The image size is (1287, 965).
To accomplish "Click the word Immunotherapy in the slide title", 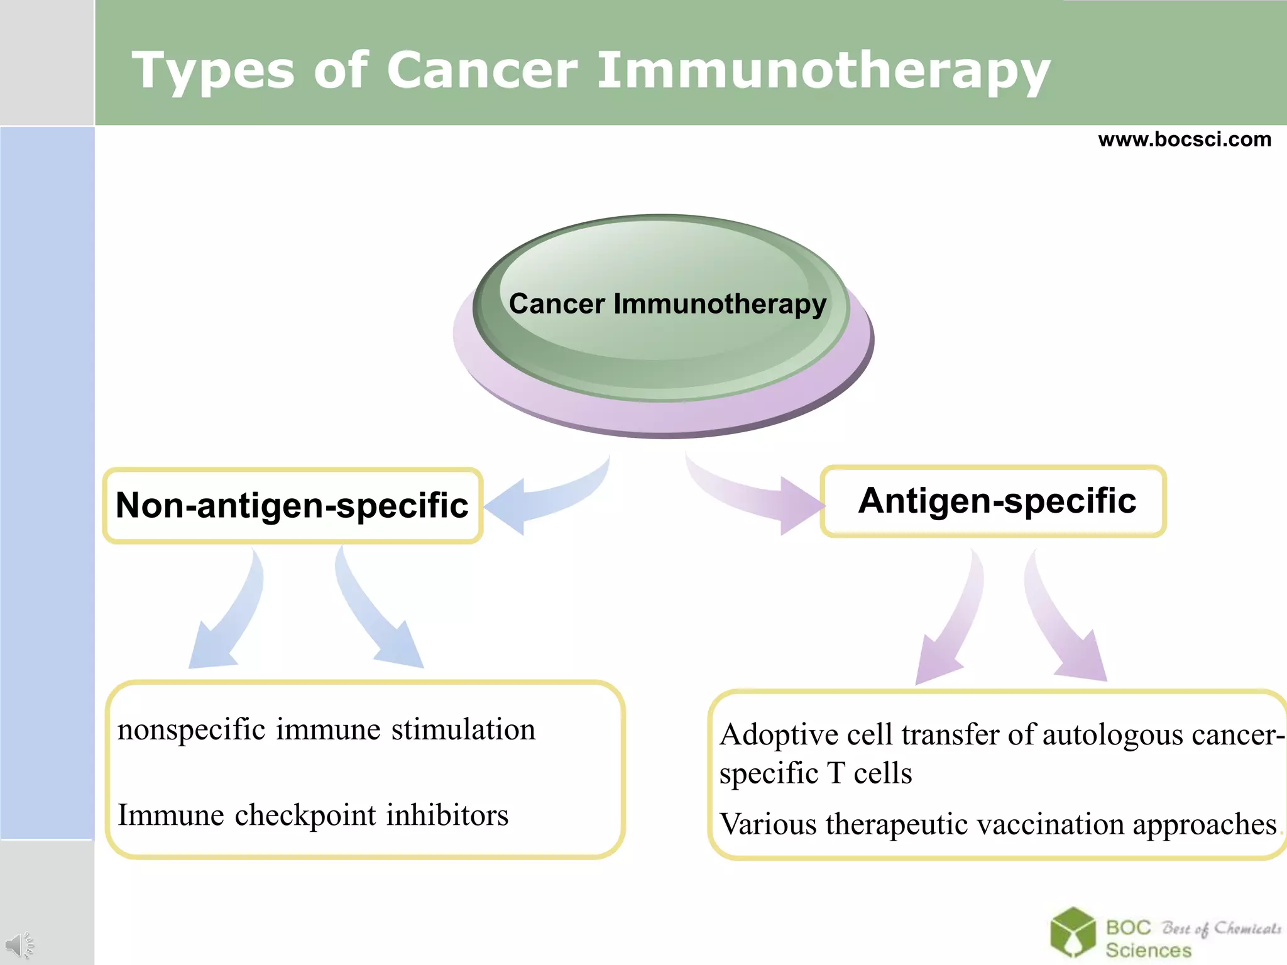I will [x=823, y=71].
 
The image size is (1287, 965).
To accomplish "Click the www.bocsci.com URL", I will [x=1184, y=139].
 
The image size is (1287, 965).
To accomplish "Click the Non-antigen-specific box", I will [x=292, y=506].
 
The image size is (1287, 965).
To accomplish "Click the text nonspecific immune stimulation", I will [x=326, y=730].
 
